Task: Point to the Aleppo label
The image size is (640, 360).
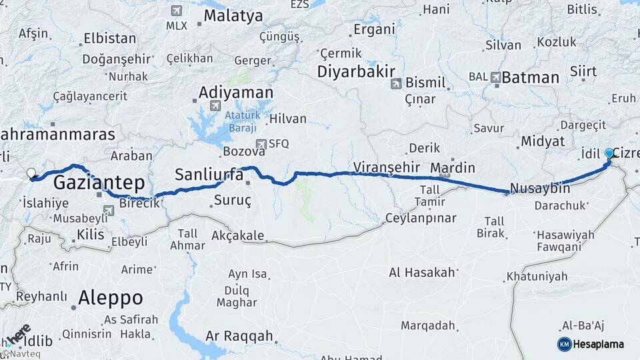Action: pyautogui.click(x=110, y=297)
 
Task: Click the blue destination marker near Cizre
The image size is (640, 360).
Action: pyautogui.click(x=609, y=154)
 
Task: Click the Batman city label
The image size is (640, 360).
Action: pyautogui.click(x=530, y=77)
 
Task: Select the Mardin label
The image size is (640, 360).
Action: pyautogui.click(x=453, y=167)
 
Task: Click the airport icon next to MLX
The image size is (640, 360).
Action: pyautogui.click(x=176, y=11)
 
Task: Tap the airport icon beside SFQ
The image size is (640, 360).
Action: pyautogui.click(x=261, y=143)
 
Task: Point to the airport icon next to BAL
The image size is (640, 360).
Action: pyautogui.click(x=495, y=77)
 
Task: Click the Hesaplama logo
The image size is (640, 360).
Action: pyautogui.click(x=591, y=344)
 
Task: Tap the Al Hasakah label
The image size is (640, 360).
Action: pyautogui.click(x=423, y=272)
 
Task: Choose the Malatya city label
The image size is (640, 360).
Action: pyautogui.click(x=233, y=16)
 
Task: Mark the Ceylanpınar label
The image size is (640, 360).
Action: pyautogui.click(x=421, y=218)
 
